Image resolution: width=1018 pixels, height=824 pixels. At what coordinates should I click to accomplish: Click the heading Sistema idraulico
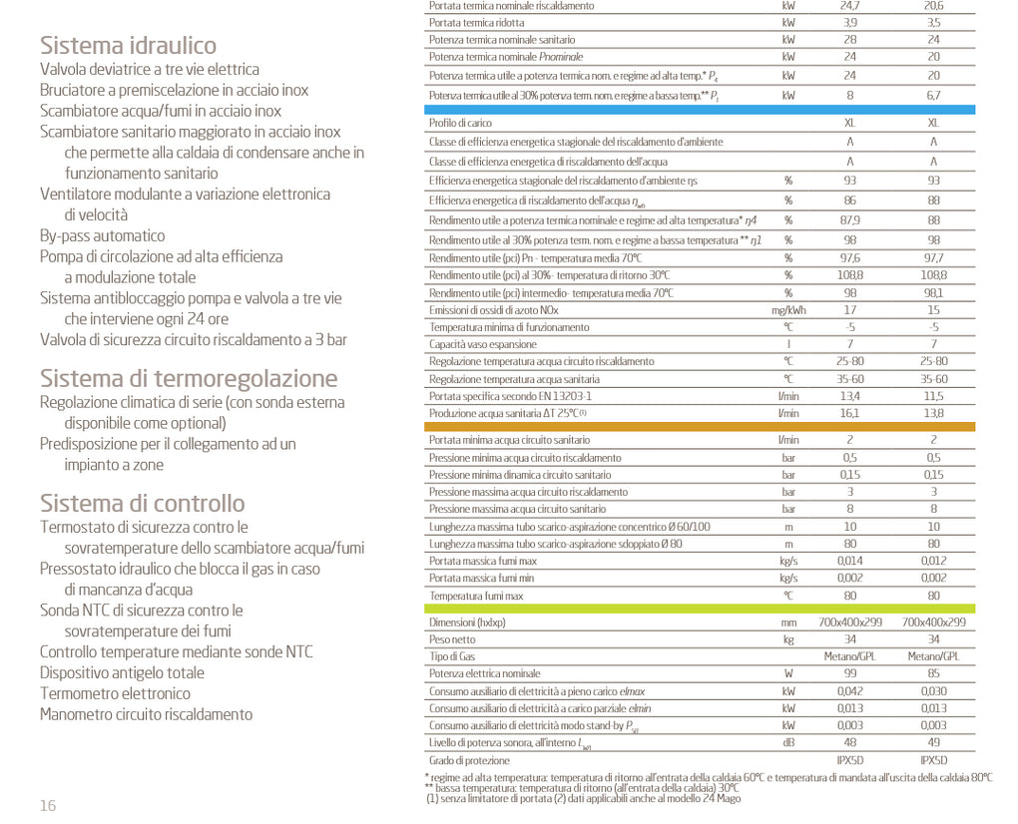click(128, 45)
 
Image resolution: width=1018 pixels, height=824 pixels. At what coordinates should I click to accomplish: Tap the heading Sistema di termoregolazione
click(189, 378)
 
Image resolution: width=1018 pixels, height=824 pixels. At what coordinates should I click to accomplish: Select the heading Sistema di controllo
click(142, 503)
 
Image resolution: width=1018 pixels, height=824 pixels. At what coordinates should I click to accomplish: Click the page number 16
click(48, 806)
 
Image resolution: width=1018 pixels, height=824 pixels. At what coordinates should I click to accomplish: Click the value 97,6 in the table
click(850, 258)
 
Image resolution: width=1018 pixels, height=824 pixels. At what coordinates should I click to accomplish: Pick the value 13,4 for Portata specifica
click(850, 396)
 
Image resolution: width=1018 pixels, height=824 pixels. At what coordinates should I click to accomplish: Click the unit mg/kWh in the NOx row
click(788, 310)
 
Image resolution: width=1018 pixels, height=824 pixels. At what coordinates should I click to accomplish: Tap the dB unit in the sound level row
click(788, 742)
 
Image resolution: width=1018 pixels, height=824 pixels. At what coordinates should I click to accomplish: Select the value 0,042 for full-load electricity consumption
click(850, 690)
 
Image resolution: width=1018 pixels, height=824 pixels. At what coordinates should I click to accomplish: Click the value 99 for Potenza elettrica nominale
click(850, 673)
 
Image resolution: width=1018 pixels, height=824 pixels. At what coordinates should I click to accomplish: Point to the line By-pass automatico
click(103, 235)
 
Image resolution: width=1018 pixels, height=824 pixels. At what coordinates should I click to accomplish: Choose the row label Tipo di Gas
click(452, 656)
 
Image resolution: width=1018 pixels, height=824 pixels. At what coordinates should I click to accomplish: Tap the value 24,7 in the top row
click(850, 6)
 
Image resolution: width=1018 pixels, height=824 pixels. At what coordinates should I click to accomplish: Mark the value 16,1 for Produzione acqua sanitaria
click(850, 413)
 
